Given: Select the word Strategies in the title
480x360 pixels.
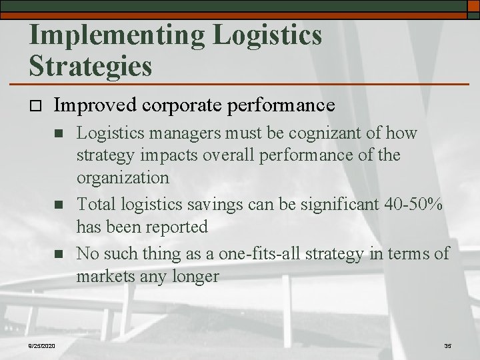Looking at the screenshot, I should pyautogui.click(x=90, y=66).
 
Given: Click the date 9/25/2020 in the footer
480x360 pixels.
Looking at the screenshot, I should pyautogui.click(x=41, y=345).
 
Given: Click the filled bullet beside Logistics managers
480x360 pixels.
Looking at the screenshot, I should pyautogui.click(x=58, y=134).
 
